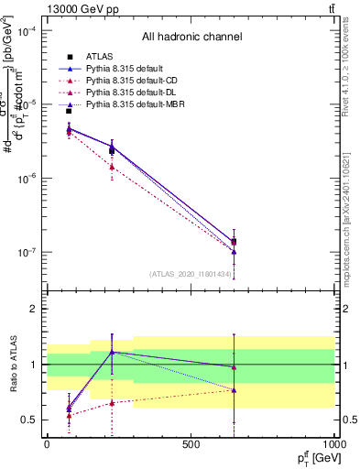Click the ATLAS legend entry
click(102, 58)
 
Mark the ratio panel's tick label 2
click(32, 310)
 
